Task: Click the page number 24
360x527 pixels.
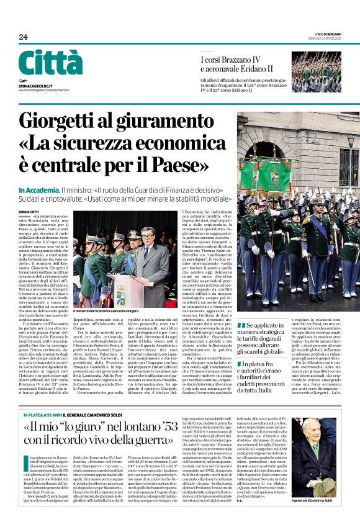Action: pyautogui.click(x=23, y=37)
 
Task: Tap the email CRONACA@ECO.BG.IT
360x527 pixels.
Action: pyautogui.click(x=35, y=84)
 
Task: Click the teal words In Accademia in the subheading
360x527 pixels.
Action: pyautogui.click(x=38, y=189)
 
